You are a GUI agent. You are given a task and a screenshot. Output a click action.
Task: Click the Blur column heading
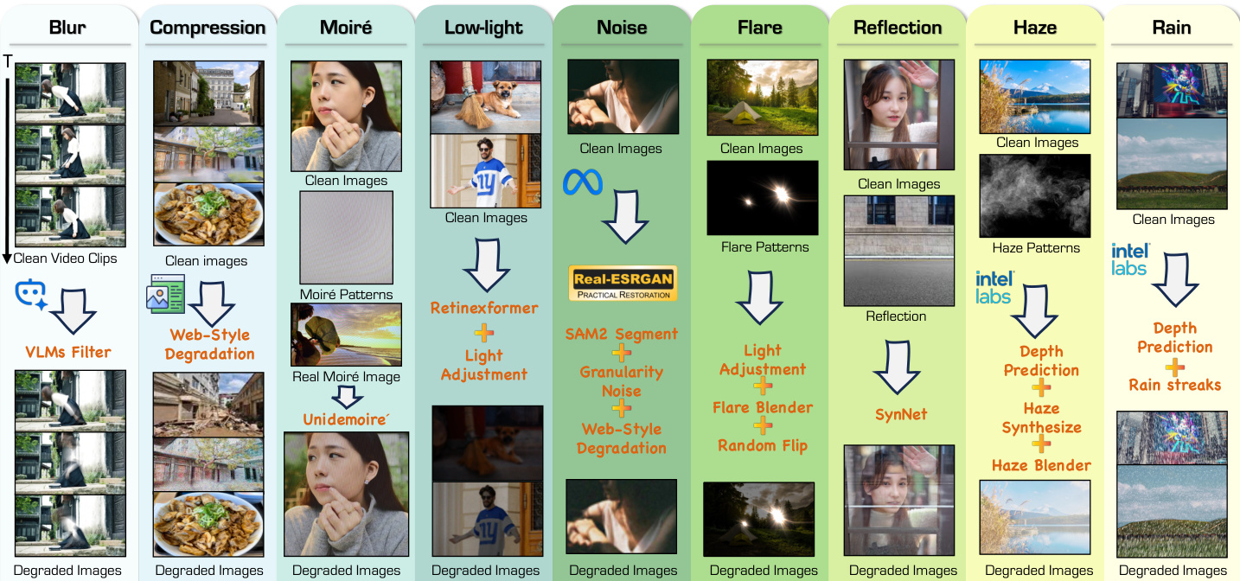coord(67,27)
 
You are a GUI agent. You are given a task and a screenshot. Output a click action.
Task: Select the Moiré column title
coord(346,27)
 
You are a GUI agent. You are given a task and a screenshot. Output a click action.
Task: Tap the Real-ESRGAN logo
coord(622,284)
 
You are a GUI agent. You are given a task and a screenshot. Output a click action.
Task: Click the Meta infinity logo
coord(582,182)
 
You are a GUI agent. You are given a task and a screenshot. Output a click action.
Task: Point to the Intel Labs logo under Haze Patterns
coord(994,287)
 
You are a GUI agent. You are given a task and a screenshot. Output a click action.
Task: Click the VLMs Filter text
coord(68,351)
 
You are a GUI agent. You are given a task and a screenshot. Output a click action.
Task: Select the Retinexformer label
coord(484,308)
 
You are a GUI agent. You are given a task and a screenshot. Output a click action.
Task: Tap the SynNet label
coord(900,414)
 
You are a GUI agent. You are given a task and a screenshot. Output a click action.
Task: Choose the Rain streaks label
coord(1174,385)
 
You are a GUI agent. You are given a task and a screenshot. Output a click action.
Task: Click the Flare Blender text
coord(763,407)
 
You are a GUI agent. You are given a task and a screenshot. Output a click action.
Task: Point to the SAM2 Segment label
coord(622,334)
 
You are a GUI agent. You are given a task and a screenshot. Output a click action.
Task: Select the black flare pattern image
coord(762,198)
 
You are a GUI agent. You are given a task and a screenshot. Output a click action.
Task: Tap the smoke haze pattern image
coord(1034,196)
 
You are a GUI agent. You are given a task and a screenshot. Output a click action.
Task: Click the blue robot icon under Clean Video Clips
coord(31,295)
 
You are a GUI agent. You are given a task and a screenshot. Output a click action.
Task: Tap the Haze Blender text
coord(1041,465)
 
